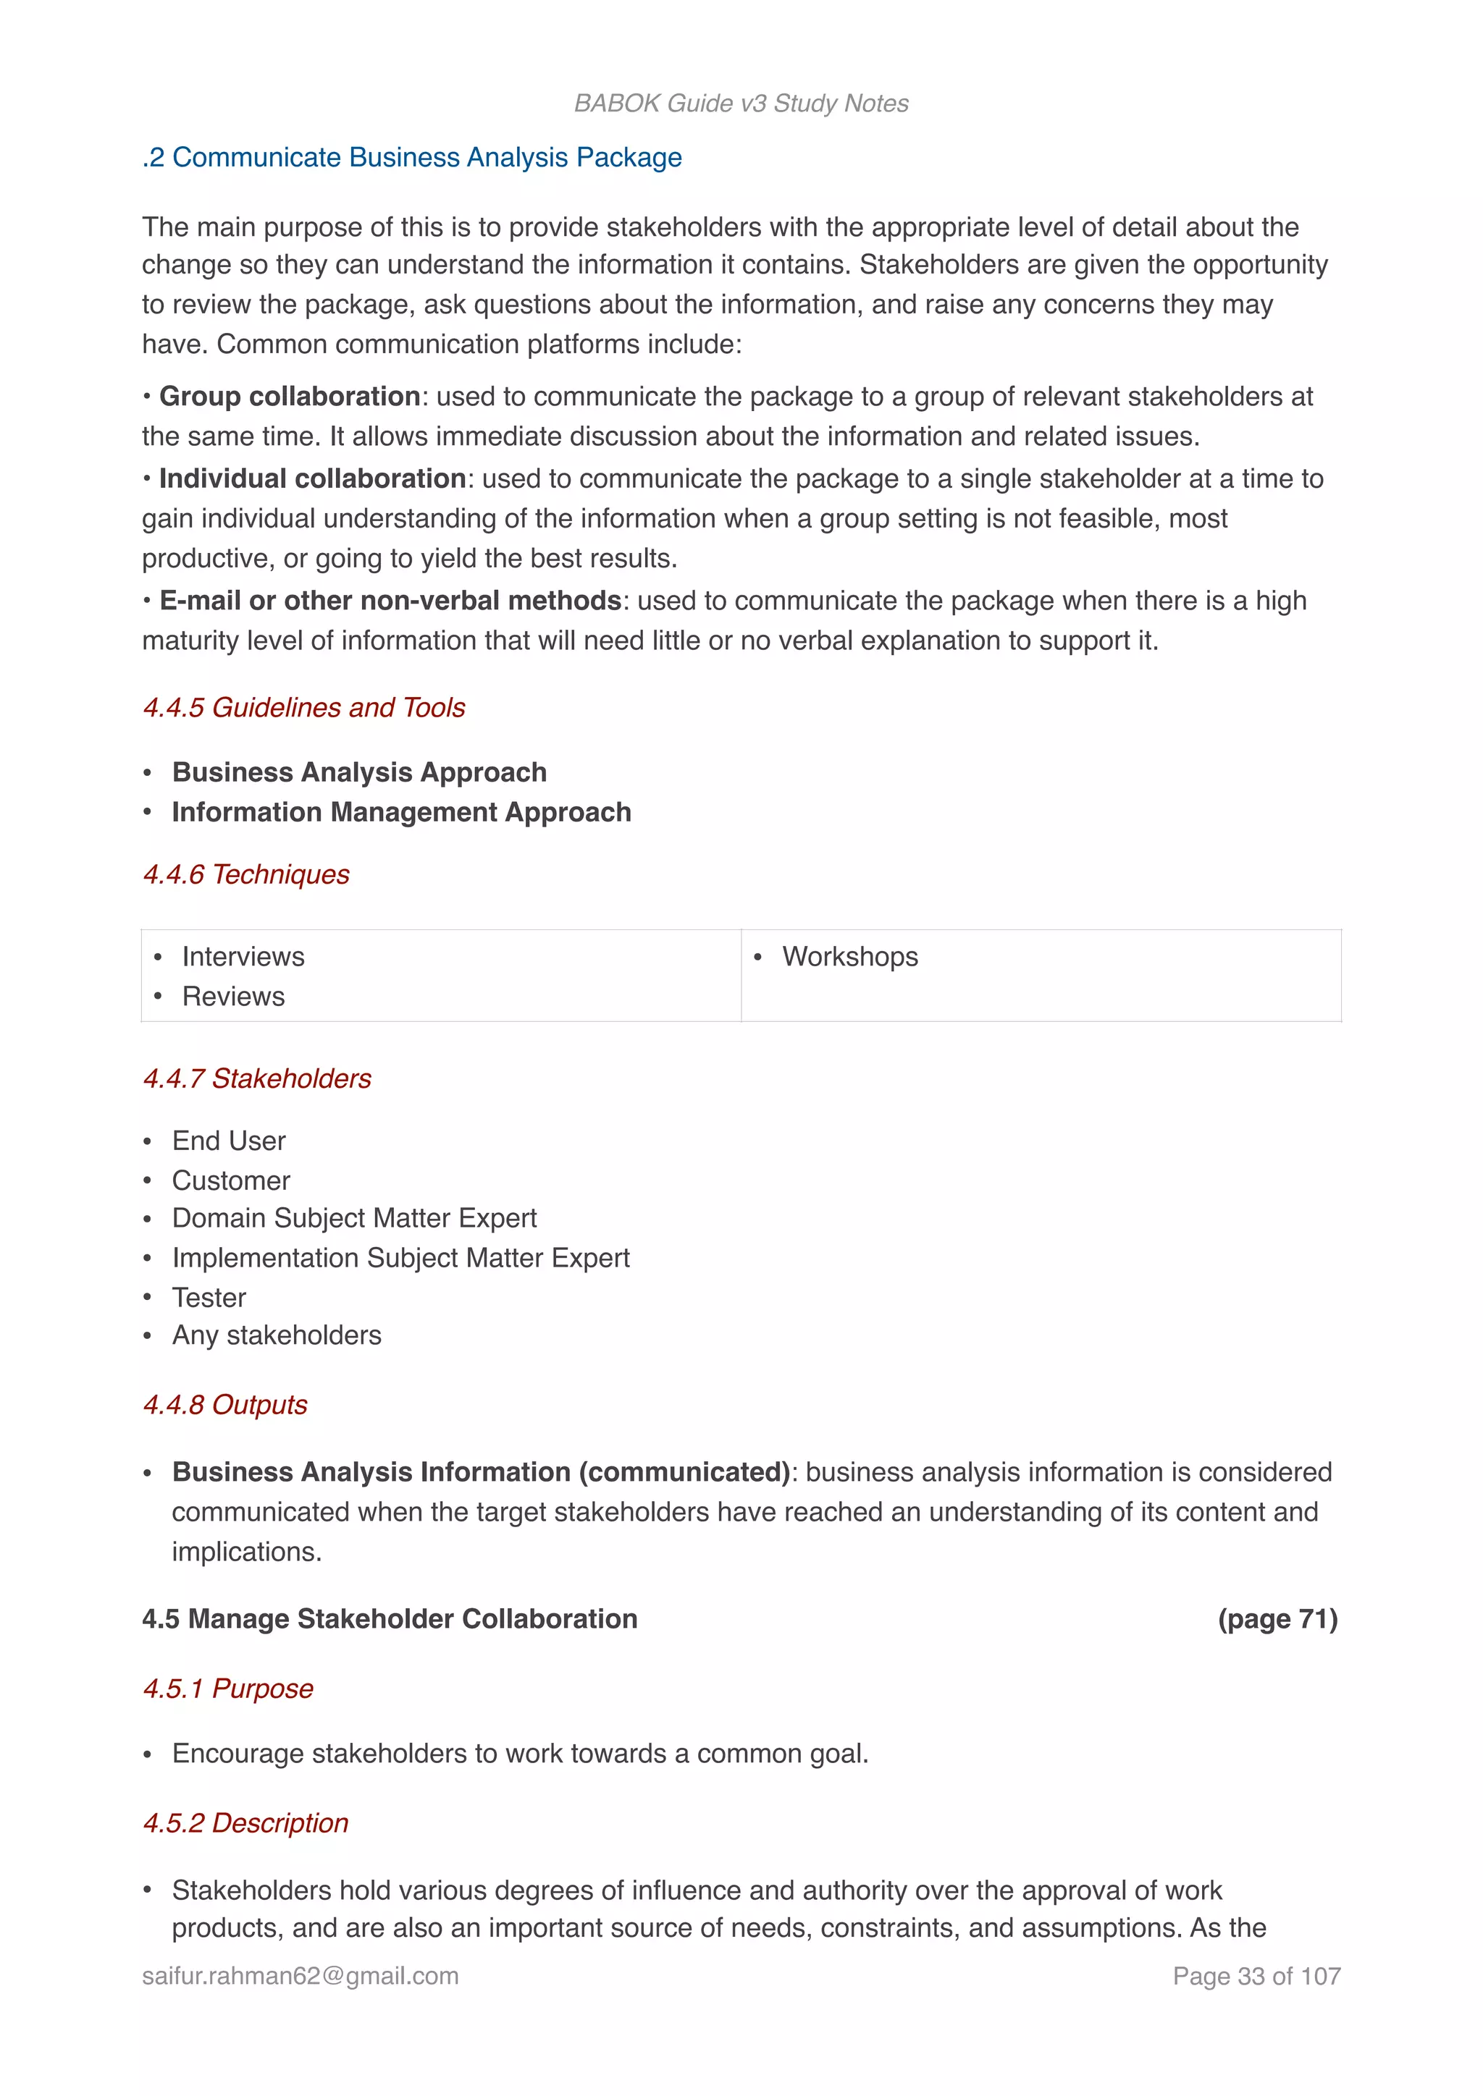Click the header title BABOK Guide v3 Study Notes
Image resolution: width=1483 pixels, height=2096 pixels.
coord(741,103)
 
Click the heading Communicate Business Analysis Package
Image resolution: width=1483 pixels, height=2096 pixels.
coord(412,157)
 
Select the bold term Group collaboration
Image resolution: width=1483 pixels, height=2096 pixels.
coord(289,396)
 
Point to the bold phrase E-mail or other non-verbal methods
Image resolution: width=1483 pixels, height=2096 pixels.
coord(390,601)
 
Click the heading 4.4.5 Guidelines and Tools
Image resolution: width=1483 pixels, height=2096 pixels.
coord(304,708)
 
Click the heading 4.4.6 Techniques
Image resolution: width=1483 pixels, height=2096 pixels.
coord(246,874)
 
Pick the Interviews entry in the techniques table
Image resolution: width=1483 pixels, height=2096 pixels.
coord(243,956)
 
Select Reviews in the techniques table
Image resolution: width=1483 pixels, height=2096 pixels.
coord(233,996)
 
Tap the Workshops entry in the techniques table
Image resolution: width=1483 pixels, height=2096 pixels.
coord(849,956)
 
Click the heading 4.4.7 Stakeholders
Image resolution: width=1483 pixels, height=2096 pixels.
coord(258,1078)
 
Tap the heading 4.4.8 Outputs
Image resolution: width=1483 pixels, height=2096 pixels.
coord(225,1404)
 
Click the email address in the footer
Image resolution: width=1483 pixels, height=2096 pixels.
coord(301,1976)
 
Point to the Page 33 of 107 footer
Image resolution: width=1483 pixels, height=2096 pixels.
coord(1256,1976)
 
